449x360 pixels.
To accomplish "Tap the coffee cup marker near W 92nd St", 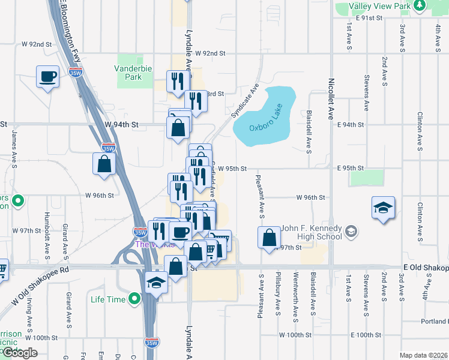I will (47, 77).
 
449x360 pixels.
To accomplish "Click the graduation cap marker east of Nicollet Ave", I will (383, 208).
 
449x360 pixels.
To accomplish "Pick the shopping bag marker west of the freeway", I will (104, 163).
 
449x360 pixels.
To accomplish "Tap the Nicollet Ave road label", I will (330, 99).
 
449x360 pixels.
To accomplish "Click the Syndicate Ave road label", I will (245, 99).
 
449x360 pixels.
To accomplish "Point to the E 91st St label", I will (369, 18).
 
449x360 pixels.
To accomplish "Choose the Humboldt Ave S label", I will (47, 229).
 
